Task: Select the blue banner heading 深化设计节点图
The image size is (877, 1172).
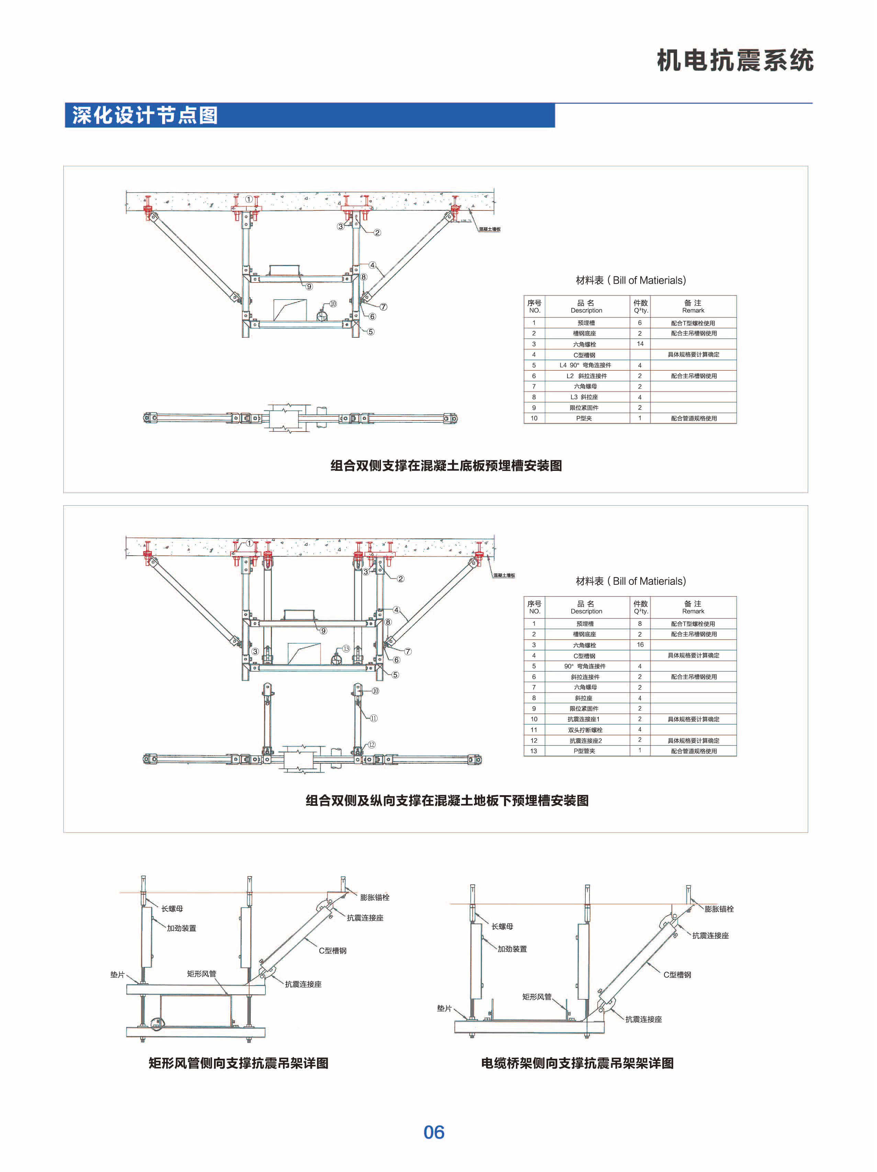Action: click(x=145, y=115)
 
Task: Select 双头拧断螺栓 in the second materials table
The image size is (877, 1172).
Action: click(x=585, y=730)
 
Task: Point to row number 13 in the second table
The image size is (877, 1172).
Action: click(x=533, y=751)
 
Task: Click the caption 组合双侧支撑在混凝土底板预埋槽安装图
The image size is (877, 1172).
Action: click(x=446, y=465)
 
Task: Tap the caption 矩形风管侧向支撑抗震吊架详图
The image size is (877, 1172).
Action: click(x=238, y=1063)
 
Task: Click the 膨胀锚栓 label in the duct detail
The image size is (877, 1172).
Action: click(x=374, y=897)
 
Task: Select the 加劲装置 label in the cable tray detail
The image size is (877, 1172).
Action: click(x=512, y=948)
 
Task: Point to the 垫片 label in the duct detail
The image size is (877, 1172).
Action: click(x=117, y=974)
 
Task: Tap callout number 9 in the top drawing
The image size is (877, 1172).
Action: click(x=309, y=286)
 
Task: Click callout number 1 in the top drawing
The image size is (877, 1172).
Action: click(x=249, y=199)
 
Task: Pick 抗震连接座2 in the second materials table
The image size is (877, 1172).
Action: click(x=585, y=740)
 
